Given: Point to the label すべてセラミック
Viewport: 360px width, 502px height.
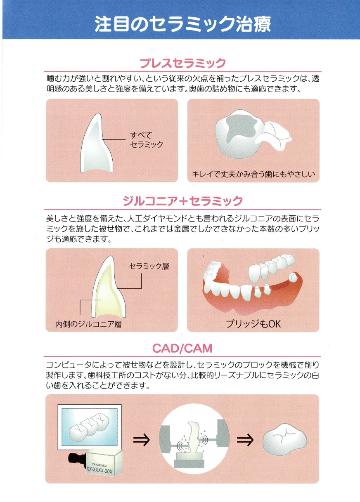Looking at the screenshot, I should [x=147, y=140].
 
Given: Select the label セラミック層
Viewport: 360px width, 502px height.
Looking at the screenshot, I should [x=149, y=266].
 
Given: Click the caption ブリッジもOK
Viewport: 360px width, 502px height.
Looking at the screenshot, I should [x=253, y=324].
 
